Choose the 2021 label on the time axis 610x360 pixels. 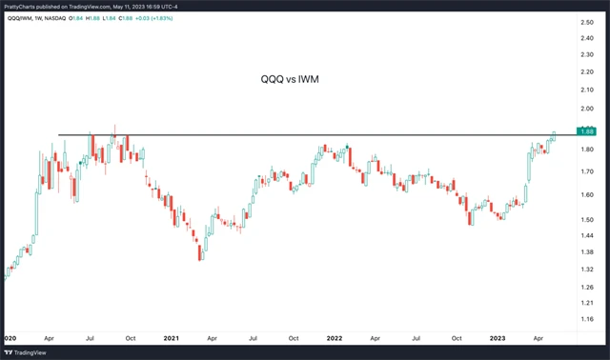pos(171,338)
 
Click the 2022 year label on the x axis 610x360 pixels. pos(335,338)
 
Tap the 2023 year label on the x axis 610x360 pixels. pos(498,338)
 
